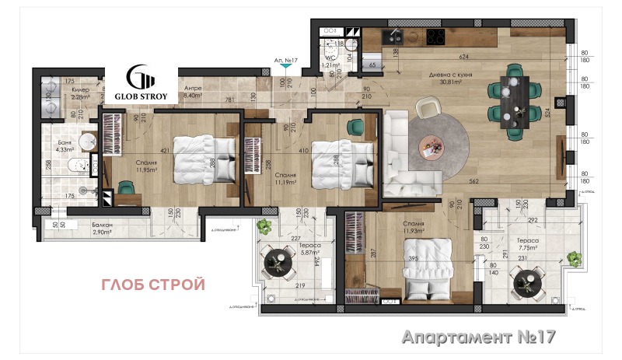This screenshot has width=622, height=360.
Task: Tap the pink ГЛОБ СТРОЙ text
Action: coord(153,285)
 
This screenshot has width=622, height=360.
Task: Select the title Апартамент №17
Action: coord(479,337)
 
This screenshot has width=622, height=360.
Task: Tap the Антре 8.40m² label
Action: coord(193,93)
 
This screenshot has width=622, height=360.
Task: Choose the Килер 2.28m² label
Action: coord(82,94)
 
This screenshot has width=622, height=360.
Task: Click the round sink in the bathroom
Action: coord(87,142)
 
